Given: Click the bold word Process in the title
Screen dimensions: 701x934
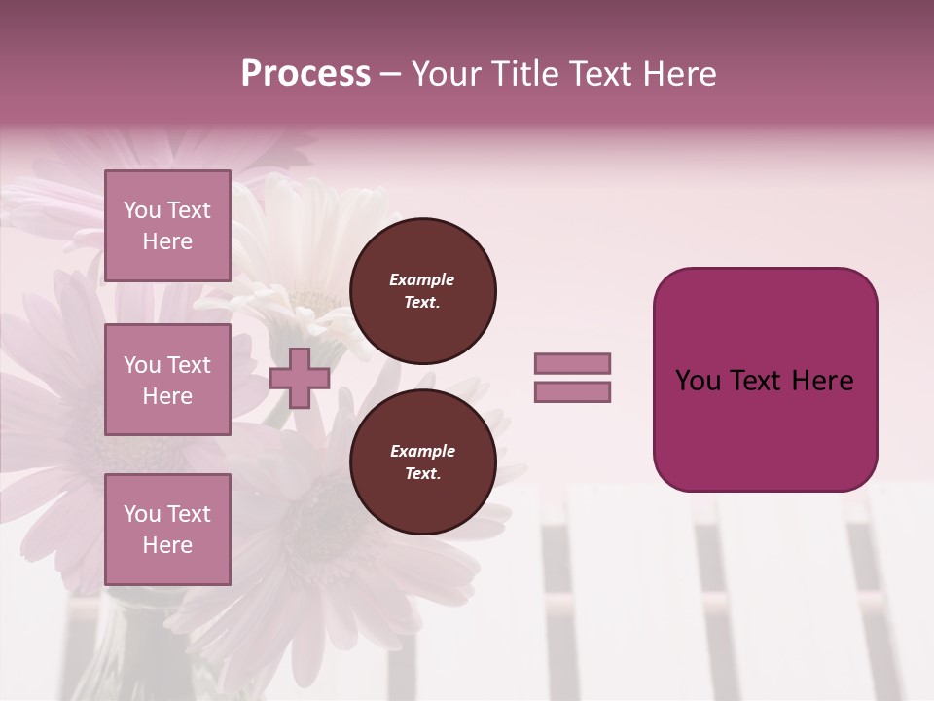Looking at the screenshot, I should point(305,74).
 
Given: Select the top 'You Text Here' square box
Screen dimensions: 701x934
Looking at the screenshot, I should point(167,226).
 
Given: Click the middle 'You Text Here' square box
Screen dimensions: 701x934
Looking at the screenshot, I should point(167,380).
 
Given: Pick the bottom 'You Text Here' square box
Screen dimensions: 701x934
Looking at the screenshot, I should point(167,529).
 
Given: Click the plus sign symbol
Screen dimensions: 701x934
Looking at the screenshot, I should point(299,378).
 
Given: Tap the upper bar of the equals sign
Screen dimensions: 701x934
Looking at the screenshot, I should point(572,363).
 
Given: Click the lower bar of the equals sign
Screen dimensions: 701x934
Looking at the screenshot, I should point(572,391).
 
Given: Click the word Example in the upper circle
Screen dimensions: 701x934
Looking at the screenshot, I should point(421,279).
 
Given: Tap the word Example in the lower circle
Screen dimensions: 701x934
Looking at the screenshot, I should point(422,451).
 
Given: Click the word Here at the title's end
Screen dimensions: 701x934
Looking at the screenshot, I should point(680,74).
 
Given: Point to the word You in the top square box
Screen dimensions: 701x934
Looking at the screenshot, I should point(142,210).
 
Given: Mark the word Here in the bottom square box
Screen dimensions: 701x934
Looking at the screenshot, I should point(167,545).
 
